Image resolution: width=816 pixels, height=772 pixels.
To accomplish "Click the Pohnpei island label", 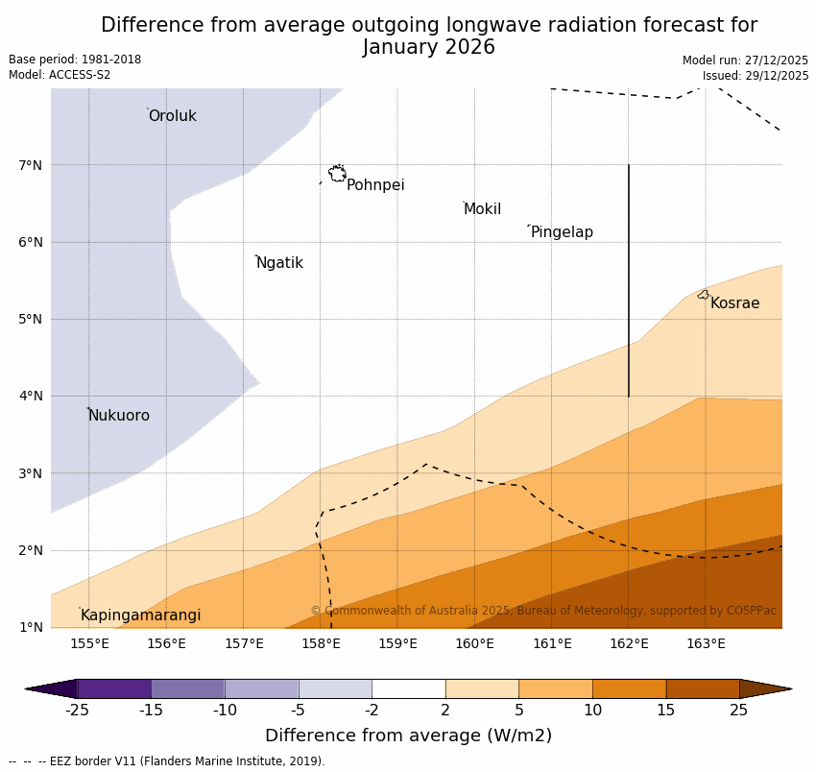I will [375, 185].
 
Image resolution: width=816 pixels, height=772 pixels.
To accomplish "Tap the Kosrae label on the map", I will [734, 303].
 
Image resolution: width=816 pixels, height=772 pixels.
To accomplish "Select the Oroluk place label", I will [172, 116].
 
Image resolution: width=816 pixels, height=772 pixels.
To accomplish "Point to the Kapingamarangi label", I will [140, 615].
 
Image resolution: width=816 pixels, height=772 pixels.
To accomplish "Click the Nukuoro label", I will [119, 416].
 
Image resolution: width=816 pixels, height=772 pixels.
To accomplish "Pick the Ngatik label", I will [279, 263].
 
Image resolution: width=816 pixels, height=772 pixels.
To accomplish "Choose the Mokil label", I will [482, 209].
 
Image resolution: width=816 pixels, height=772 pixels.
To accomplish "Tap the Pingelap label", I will [562, 232].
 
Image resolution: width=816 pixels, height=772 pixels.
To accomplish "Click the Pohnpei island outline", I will [337, 174].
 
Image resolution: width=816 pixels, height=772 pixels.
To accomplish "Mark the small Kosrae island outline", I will [704, 295].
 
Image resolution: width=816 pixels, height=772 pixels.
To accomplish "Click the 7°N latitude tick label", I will [31, 165].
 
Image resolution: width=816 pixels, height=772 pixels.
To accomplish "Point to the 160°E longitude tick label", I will [474, 643].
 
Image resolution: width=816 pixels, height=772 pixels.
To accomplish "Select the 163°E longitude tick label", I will [706, 643].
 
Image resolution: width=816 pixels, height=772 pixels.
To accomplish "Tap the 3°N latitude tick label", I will [31, 473].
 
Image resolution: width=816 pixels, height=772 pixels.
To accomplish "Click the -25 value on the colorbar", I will [77, 711].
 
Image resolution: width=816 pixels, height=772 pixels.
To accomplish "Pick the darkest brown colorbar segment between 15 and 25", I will [703, 688].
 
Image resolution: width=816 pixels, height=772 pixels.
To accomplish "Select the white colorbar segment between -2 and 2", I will [408, 688].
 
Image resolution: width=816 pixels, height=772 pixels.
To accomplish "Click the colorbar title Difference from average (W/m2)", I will [408, 736].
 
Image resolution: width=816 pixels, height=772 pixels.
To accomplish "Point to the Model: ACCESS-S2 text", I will [60, 75].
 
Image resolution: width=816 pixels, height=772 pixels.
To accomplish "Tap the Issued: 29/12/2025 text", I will [755, 76].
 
